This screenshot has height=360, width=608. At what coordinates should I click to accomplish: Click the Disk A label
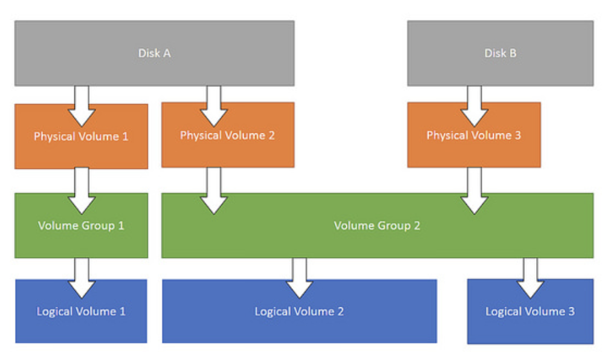pos(154,53)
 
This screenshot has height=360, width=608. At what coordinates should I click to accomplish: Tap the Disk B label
pos(500,53)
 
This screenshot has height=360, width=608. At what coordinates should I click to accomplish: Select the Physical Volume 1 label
pos(80,137)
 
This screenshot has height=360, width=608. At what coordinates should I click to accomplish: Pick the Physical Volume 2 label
pos(227,135)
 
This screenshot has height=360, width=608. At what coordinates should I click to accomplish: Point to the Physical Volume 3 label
pos(473,135)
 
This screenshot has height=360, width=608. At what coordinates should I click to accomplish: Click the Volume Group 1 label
pos(81,225)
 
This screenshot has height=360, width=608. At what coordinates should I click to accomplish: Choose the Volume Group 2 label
pos(377,225)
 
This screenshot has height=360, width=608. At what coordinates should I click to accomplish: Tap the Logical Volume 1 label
pos(81,312)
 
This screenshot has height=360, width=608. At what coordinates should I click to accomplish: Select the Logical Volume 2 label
pos(299,312)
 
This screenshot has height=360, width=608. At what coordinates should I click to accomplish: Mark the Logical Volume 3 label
pos(530,312)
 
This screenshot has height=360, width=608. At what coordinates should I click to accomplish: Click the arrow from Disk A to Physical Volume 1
pos(82,106)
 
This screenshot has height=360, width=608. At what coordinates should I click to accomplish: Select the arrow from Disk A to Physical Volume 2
pos(214,106)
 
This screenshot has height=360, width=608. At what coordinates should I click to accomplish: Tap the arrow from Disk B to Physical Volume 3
pos(474,106)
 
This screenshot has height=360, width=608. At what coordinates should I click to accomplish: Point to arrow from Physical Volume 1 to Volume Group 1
pos(82,191)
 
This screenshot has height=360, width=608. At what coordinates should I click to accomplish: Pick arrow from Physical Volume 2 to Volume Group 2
pos(214,191)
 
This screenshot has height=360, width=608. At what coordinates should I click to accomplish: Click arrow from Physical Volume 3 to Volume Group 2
pos(474,191)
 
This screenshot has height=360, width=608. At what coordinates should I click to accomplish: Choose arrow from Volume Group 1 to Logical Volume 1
pos(82,278)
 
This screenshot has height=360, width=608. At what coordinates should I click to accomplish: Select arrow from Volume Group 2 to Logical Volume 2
pos(299,278)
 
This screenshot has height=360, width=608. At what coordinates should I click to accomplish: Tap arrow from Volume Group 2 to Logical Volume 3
pos(530,278)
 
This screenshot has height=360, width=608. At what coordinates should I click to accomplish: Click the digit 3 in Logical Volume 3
pos(572,311)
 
